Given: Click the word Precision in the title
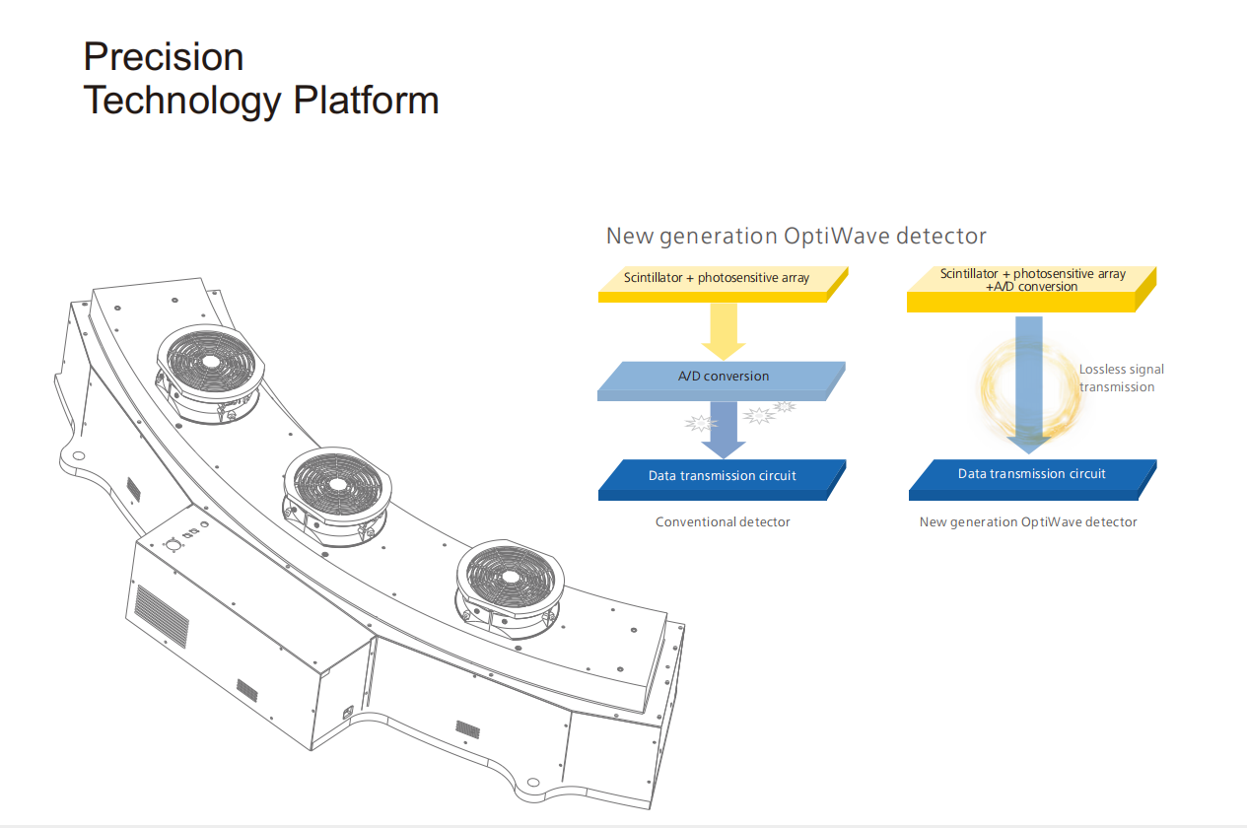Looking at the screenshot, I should pos(164,57).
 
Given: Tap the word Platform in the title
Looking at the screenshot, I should pos(372,101).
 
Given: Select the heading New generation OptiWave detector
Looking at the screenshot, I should pos(796,236).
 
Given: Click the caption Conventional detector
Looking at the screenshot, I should pos(723,521).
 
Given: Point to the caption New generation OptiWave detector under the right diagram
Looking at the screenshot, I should pos(1028,521).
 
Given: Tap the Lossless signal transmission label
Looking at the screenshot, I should pos(1121,379).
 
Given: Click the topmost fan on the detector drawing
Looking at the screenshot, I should pos(211,361).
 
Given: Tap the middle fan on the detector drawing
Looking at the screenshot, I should pos(338,485).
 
